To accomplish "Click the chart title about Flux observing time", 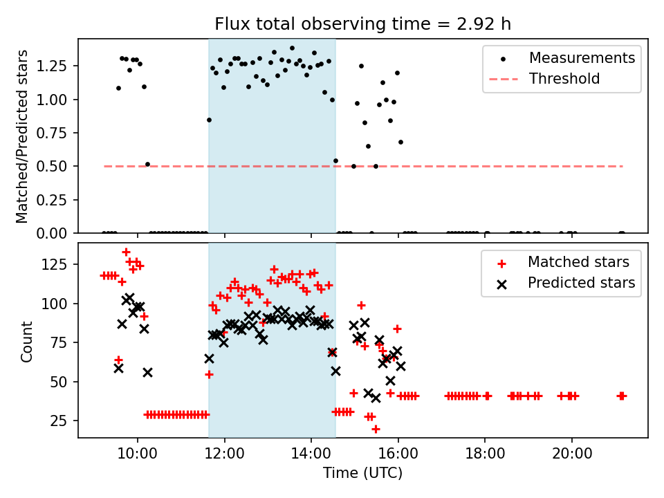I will click(x=362, y=24).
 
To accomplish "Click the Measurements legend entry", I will click(x=582, y=58).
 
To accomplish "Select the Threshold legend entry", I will click(x=564, y=79).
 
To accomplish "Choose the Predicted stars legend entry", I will click(x=581, y=283).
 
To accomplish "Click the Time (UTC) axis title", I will click(x=362, y=474).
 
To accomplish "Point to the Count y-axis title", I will click(x=27, y=340).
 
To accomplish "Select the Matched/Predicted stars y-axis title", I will click(x=23, y=136).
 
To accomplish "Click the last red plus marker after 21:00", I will click(x=622, y=396).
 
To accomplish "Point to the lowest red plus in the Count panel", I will click(x=376, y=429).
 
